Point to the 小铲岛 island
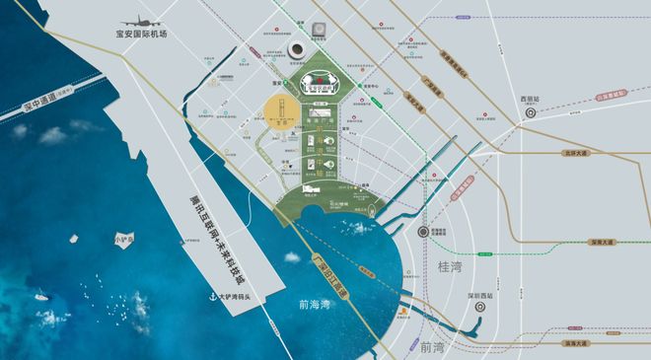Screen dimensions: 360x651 (x=122, y=239)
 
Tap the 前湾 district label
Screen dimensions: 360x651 (x=431, y=348)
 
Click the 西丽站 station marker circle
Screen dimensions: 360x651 (x=530, y=112)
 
